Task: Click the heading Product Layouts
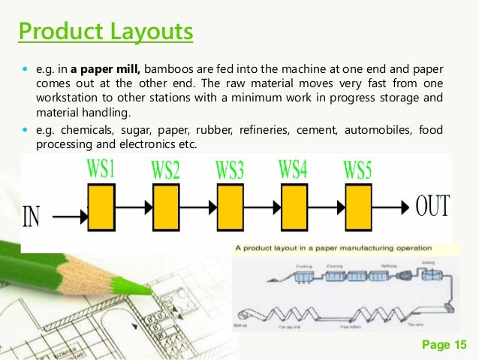(105, 33)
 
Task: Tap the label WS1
(103, 168)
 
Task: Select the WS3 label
(230, 169)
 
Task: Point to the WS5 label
(357, 169)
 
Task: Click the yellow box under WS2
(166, 207)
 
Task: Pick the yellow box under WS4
(294, 207)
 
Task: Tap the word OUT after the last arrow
(433, 204)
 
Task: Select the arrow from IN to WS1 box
(71, 217)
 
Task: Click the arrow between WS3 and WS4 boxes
(261, 207)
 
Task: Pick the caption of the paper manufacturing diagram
(333, 247)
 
